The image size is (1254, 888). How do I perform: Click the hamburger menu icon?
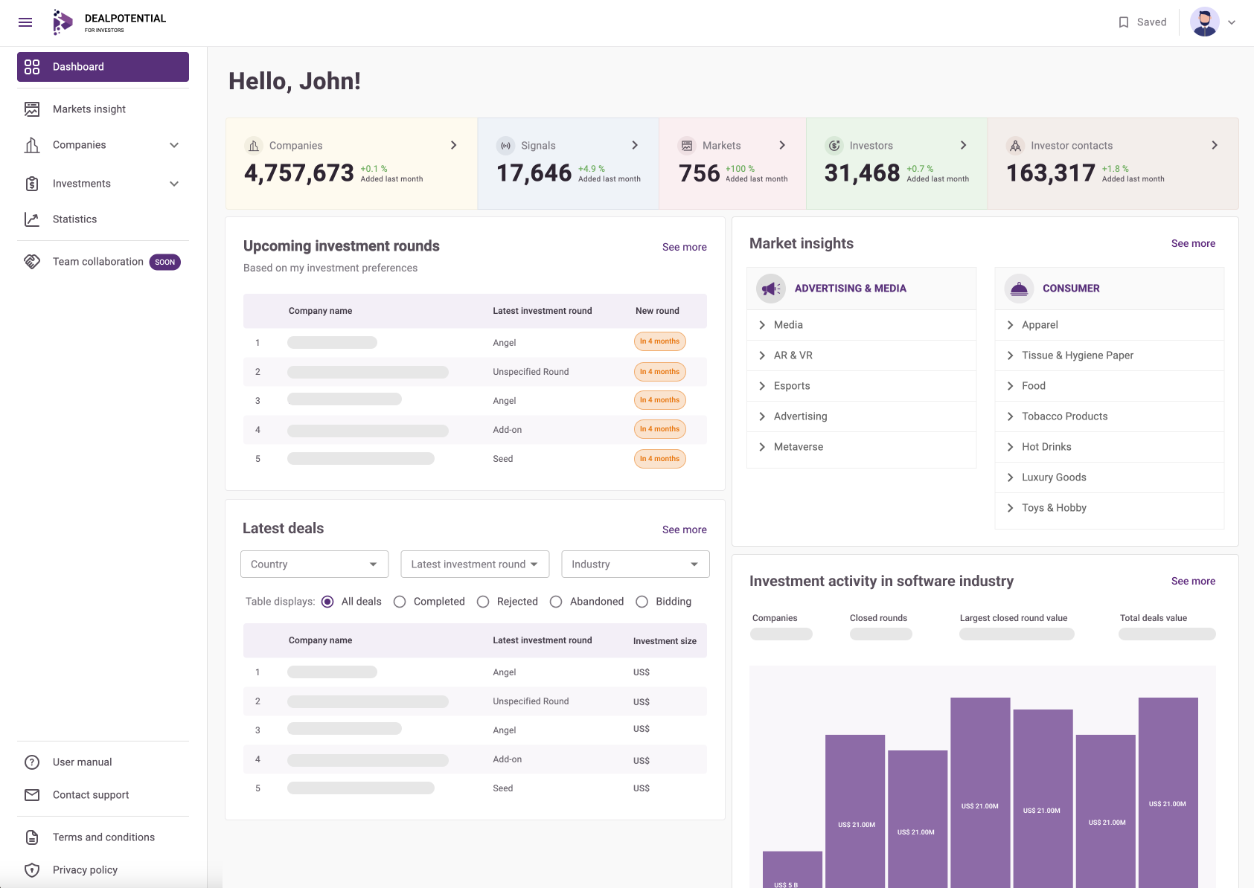click(x=25, y=22)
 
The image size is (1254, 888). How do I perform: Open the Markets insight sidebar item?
click(x=89, y=109)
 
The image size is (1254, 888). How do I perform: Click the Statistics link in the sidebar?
click(x=74, y=219)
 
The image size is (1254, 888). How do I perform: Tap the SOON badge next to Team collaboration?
click(x=164, y=262)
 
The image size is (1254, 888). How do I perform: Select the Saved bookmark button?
click(x=1142, y=22)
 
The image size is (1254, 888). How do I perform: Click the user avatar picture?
click(x=1204, y=22)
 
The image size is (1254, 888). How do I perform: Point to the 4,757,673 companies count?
click(x=299, y=173)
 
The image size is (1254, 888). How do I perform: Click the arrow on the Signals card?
click(x=635, y=146)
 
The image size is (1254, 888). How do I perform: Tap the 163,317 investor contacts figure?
click(x=1050, y=173)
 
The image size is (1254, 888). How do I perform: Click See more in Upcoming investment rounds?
click(x=684, y=248)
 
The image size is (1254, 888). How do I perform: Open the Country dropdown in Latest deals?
click(x=314, y=564)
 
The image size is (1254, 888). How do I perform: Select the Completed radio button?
click(x=400, y=602)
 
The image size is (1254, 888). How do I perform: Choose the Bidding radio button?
click(x=642, y=602)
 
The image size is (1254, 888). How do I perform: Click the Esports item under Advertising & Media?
click(x=792, y=386)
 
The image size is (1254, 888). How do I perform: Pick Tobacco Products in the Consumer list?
click(x=1064, y=416)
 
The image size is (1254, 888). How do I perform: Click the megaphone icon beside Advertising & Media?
click(x=771, y=289)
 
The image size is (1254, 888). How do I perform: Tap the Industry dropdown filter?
click(x=636, y=564)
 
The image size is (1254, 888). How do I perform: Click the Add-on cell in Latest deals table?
click(x=508, y=759)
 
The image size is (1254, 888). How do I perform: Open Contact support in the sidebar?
click(x=90, y=795)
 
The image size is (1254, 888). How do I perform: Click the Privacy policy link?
click(x=85, y=870)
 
